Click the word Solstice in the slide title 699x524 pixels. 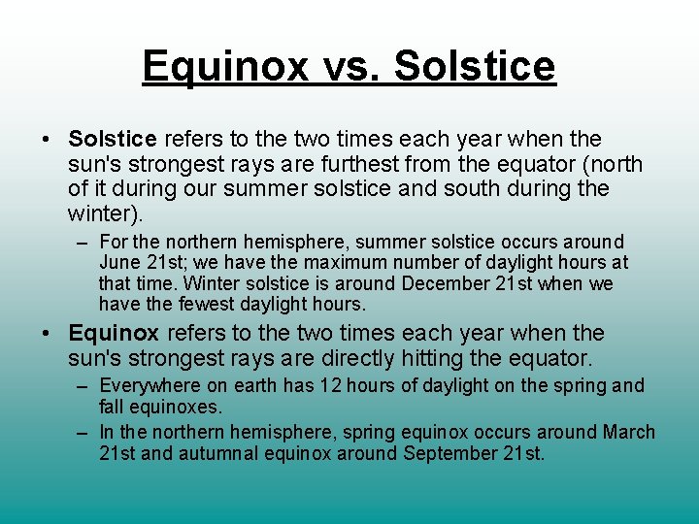pyautogui.click(x=476, y=67)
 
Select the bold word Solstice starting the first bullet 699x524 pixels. pyautogui.click(x=113, y=140)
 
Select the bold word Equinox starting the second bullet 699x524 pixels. pyautogui.click(x=114, y=334)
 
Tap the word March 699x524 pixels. pyautogui.click(x=628, y=432)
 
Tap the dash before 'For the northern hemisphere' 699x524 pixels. pyautogui.click(x=84, y=242)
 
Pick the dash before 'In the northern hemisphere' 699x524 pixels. pyautogui.click(x=84, y=432)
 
